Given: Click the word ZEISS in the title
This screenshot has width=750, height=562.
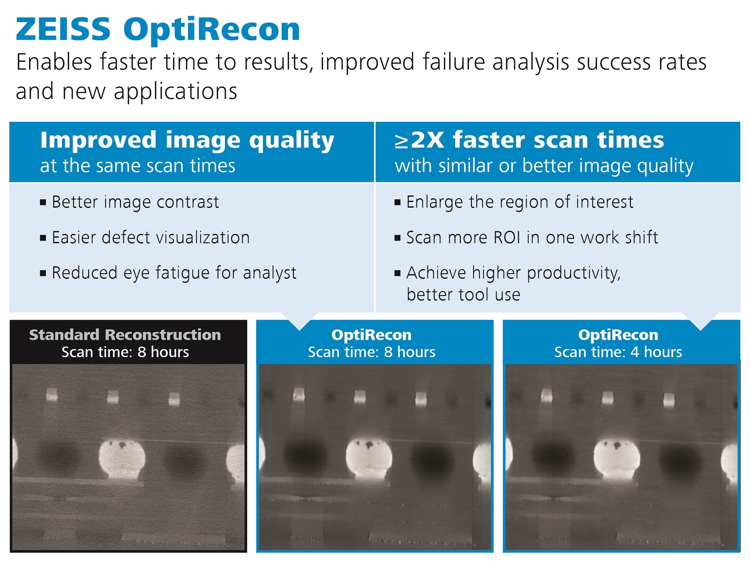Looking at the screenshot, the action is coord(63,30).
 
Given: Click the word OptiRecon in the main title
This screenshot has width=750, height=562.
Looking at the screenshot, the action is coord(212,31).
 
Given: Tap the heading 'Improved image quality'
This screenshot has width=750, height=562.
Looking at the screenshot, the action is coord(187,141).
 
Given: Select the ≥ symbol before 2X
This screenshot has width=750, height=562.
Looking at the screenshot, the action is coord(401,142).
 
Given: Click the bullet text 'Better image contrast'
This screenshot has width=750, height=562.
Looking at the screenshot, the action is coord(135,202).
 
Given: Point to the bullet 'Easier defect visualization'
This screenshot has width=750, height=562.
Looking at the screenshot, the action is coord(150,238).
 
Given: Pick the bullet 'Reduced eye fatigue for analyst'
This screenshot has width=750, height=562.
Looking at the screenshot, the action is coord(174,273).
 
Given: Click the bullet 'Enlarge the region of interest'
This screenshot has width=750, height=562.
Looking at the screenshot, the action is coord(520,202).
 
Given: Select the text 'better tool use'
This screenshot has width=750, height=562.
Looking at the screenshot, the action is coord(463,294).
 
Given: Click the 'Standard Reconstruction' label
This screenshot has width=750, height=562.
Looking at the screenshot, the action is coord(125,335).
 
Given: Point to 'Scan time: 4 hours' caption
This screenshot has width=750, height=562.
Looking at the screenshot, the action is coord(618,352).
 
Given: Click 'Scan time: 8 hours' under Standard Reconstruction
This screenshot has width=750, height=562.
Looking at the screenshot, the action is coord(125,352).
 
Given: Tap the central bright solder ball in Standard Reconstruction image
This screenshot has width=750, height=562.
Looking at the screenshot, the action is coord(122,459).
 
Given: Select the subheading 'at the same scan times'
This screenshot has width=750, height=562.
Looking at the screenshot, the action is coord(138,166).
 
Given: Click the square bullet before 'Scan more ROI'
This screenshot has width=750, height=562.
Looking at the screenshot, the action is coord(397,238).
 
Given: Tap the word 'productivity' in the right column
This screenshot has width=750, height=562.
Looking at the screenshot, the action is coord(573,273).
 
